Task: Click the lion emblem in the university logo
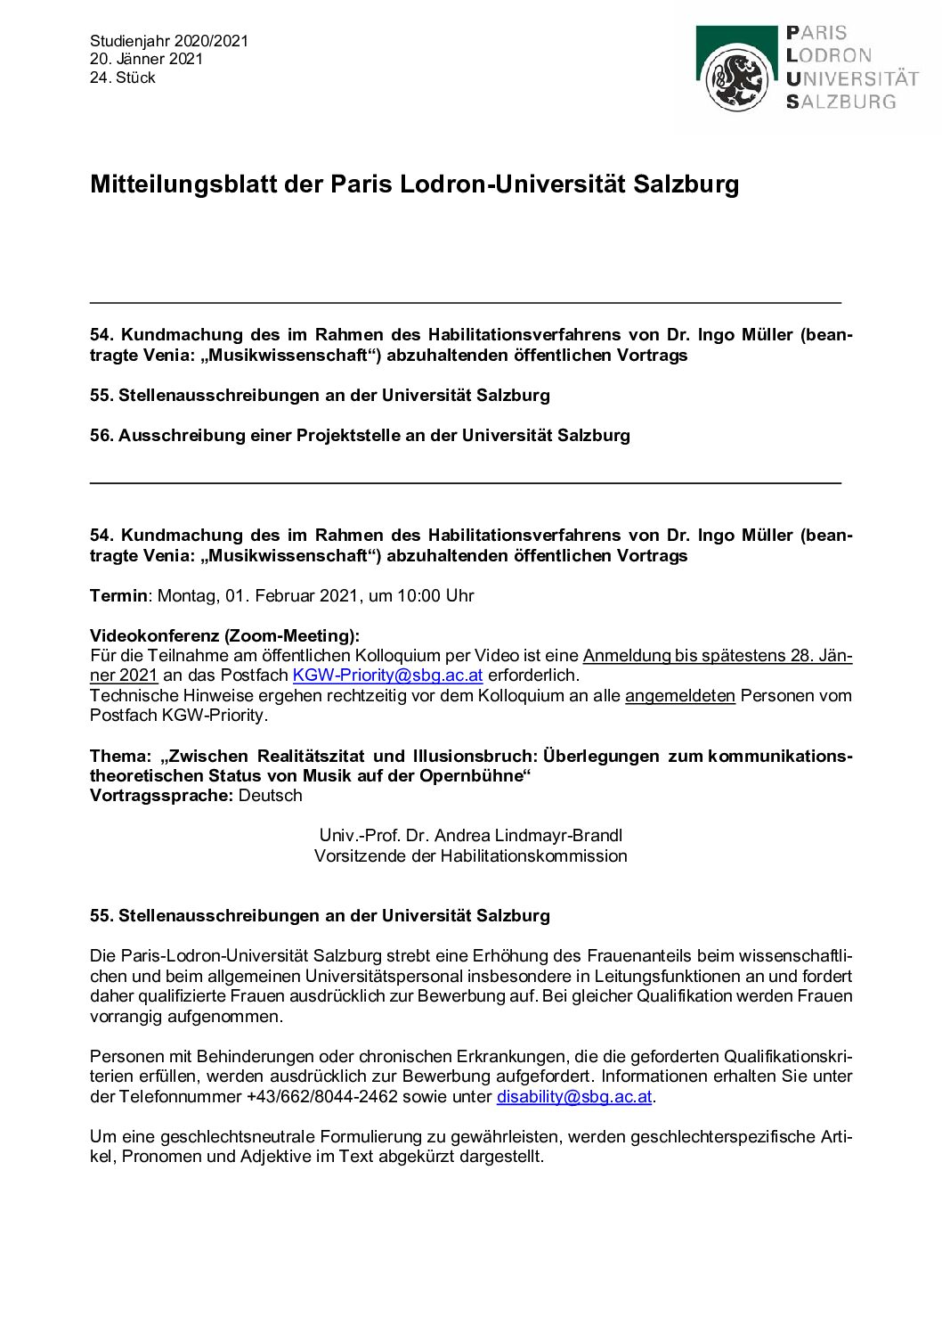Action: (x=737, y=78)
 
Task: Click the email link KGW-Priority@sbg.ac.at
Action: (x=387, y=675)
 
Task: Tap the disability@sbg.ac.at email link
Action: (x=574, y=1096)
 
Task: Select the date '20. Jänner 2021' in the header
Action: (x=146, y=59)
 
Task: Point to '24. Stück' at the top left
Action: (x=123, y=78)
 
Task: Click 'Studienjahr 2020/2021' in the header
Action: (x=169, y=41)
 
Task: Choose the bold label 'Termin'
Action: (x=118, y=595)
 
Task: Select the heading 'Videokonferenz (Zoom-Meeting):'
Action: (x=224, y=635)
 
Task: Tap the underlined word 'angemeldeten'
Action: (x=679, y=695)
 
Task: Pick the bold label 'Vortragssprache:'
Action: (x=161, y=795)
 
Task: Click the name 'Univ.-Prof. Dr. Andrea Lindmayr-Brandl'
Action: (x=470, y=835)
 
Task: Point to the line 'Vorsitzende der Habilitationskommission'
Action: (x=470, y=855)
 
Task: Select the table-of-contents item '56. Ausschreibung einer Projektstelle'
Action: (x=360, y=435)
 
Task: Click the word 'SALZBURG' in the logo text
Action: (x=841, y=102)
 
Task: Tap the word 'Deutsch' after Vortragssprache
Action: (x=270, y=795)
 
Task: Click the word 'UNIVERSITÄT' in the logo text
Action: (x=852, y=78)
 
